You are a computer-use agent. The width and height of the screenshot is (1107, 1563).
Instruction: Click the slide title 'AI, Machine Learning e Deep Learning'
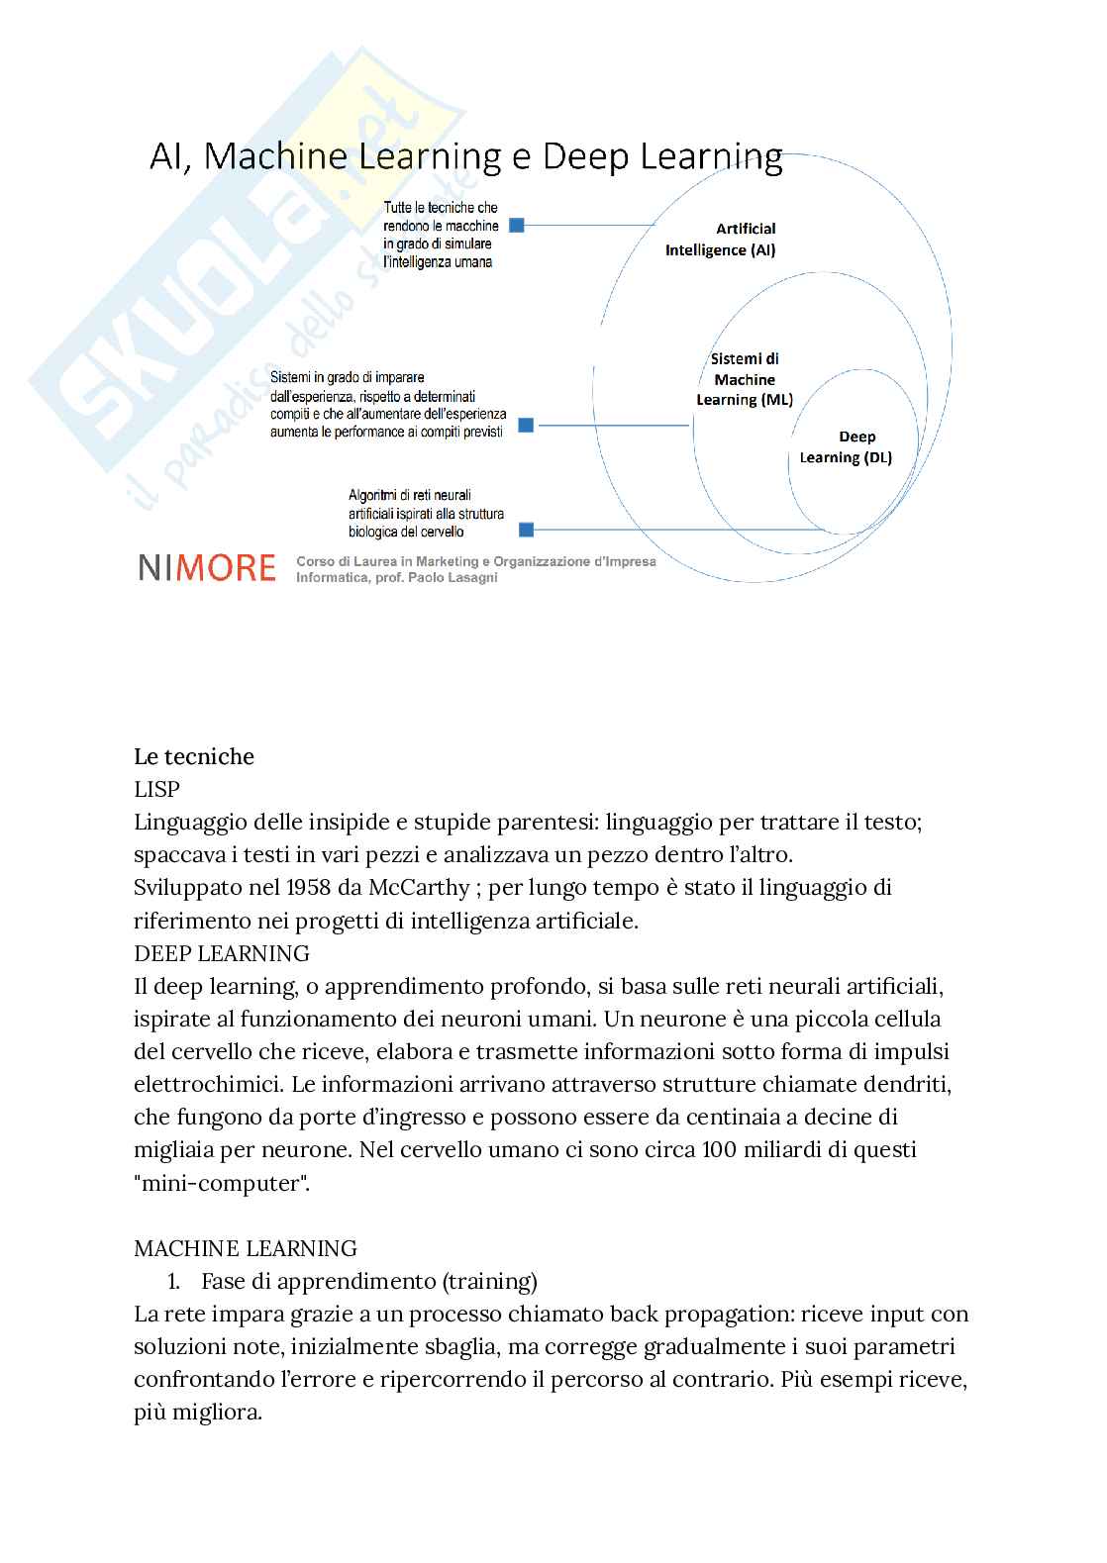[465, 156]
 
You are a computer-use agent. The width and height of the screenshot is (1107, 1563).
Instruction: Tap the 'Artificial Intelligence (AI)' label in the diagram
[721, 240]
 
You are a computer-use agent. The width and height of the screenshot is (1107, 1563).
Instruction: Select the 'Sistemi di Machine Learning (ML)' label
[745, 379]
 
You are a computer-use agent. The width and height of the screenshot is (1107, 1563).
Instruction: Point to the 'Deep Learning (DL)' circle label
[847, 447]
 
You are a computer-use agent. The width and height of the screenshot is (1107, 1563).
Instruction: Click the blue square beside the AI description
[517, 226]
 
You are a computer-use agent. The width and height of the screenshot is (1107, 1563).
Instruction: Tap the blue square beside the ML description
[527, 426]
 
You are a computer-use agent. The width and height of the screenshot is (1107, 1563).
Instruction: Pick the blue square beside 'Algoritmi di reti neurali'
[527, 530]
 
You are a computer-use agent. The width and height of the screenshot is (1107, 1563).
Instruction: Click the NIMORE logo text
[207, 567]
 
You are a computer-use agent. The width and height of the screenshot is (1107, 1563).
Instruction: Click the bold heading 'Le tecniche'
[194, 757]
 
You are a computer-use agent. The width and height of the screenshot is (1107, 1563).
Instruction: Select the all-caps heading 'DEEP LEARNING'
[221, 953]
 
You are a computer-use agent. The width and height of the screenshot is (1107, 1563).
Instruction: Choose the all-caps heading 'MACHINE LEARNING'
[245, 1248]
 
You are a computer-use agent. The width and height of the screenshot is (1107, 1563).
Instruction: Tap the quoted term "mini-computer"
[222, 1183]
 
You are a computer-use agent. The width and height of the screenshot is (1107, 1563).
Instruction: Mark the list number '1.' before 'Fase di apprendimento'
[174, 1281]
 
